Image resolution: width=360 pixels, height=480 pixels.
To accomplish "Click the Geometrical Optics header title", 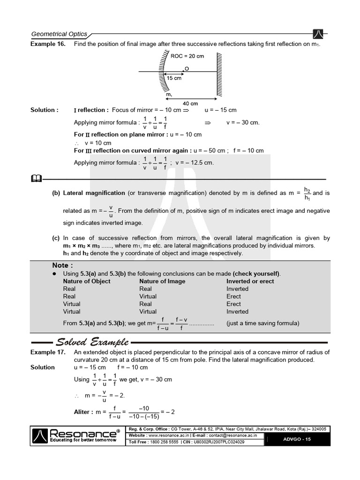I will [x=59, y=34].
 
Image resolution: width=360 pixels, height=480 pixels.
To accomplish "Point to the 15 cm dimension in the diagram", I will [x=174, y=78].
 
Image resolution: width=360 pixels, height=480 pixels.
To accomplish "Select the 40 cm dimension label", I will [x=190, y=103].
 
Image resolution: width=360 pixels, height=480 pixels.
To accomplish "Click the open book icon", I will [x=36, y=178].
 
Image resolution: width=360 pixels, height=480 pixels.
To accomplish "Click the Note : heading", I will [x=60, y=265].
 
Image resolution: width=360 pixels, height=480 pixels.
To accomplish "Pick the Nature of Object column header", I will [x=87, y=281].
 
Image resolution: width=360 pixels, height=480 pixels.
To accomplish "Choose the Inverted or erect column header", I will [x=250, y=281].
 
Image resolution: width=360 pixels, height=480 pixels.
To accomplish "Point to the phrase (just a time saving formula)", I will [x=262, y=323].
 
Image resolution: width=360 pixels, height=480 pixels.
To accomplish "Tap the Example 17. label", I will [x=47, y=352].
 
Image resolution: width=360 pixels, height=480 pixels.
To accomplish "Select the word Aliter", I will [x=82, y=412].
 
